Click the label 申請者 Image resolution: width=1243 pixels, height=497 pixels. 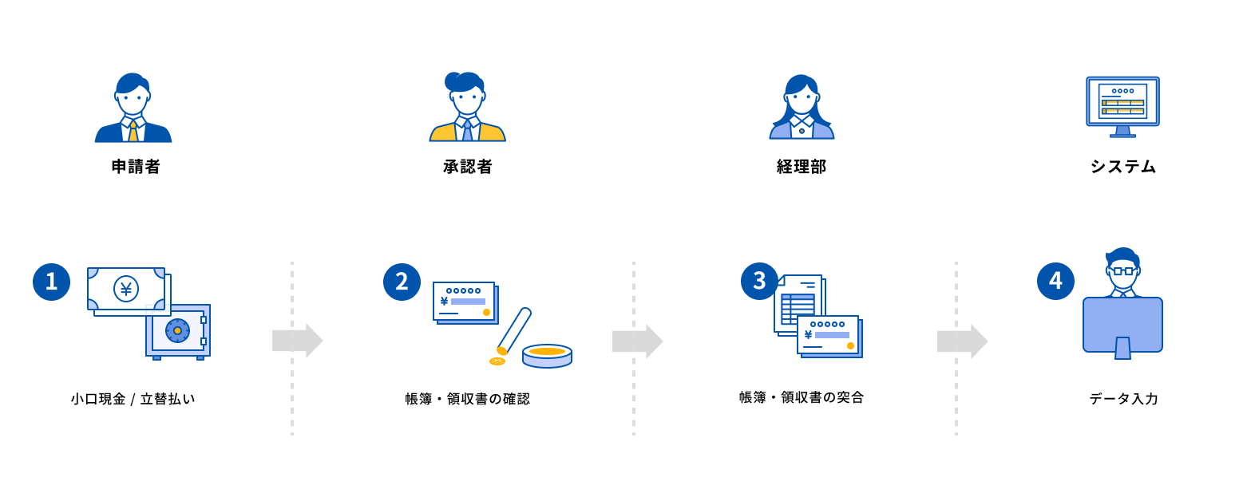136,167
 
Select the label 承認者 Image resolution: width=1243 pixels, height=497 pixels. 467,167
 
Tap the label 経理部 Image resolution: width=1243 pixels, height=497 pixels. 801,167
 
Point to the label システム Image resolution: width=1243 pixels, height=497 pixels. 1122,167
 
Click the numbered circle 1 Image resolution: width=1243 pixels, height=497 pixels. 52,282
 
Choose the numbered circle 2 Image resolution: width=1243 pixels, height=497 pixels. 402,282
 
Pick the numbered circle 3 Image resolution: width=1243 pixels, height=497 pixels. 759,281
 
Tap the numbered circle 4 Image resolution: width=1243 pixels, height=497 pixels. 1055,281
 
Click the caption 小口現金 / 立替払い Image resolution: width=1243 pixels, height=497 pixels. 133,399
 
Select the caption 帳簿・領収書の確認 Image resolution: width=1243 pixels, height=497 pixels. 467,399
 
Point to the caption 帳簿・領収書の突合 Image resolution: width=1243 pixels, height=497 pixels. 801,397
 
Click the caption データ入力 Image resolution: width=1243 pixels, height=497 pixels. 1122,399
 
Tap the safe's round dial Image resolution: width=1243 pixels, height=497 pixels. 177,330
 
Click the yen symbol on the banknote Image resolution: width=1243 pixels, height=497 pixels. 126,289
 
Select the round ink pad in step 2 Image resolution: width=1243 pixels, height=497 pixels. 547,355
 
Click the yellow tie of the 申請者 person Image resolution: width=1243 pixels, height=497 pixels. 133,132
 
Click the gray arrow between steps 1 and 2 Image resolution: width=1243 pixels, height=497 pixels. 297,341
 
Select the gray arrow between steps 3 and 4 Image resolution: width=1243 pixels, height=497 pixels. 962,341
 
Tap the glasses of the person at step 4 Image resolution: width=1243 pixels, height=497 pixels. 1123,271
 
